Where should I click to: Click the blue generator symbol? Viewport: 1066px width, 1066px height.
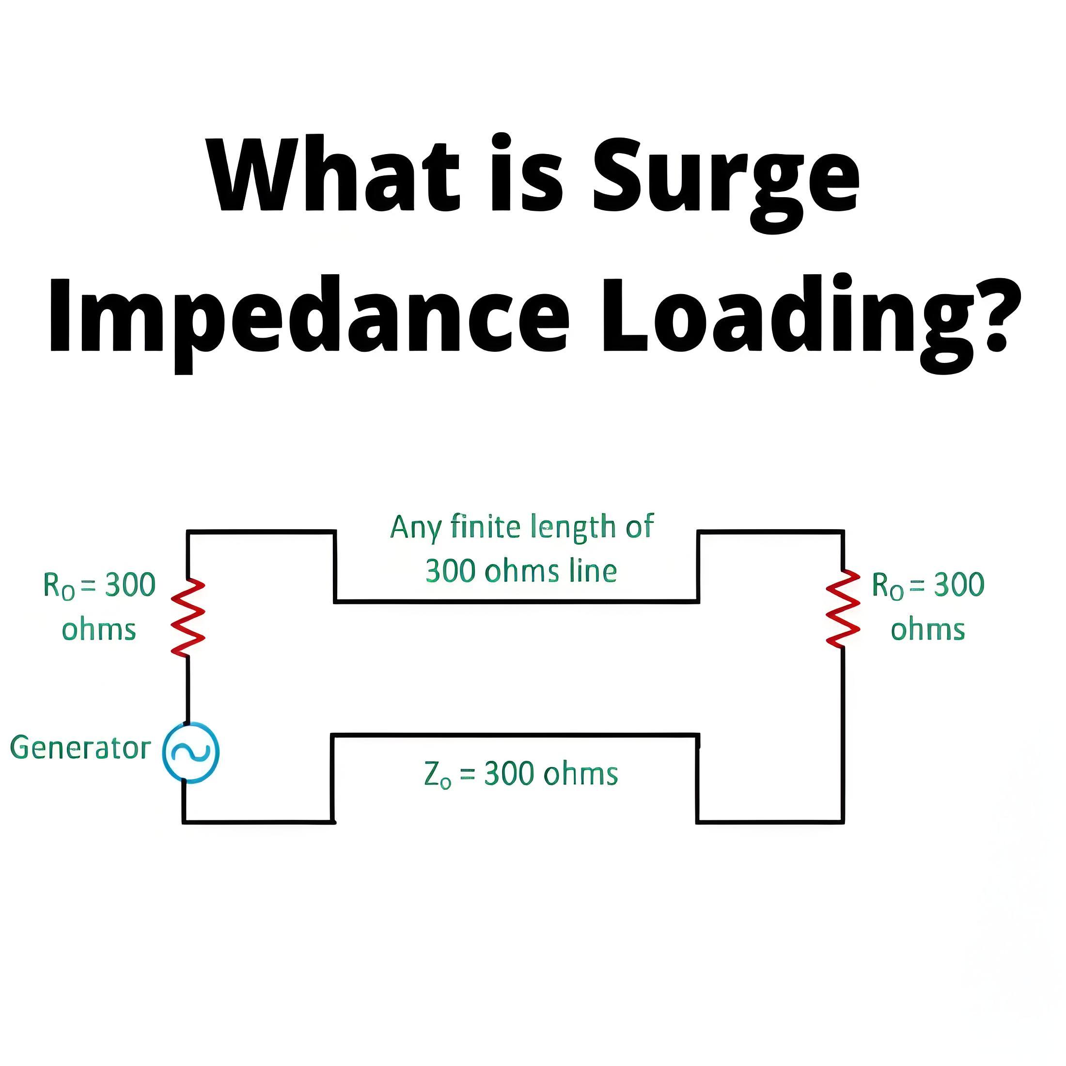point(191,752)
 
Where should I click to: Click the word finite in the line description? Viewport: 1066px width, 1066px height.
point(486,526)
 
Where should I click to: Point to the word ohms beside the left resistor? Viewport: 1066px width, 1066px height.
point(99,629)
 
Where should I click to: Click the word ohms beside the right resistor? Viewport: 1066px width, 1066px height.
point(928,629)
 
